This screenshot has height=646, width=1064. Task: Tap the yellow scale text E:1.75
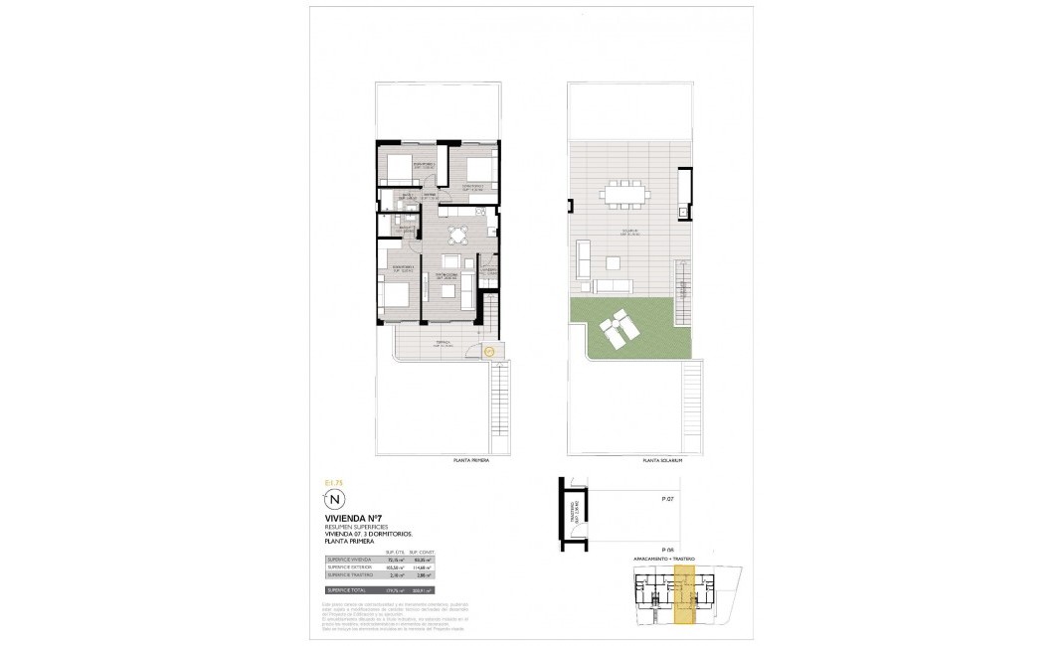[333, 482]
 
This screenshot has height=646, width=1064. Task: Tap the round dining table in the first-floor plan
[456, 236]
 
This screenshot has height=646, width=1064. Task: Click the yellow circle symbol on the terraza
[488, 349]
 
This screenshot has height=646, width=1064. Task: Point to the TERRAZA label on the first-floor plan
[442, 343]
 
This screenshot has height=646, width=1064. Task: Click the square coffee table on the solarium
[612, 263]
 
